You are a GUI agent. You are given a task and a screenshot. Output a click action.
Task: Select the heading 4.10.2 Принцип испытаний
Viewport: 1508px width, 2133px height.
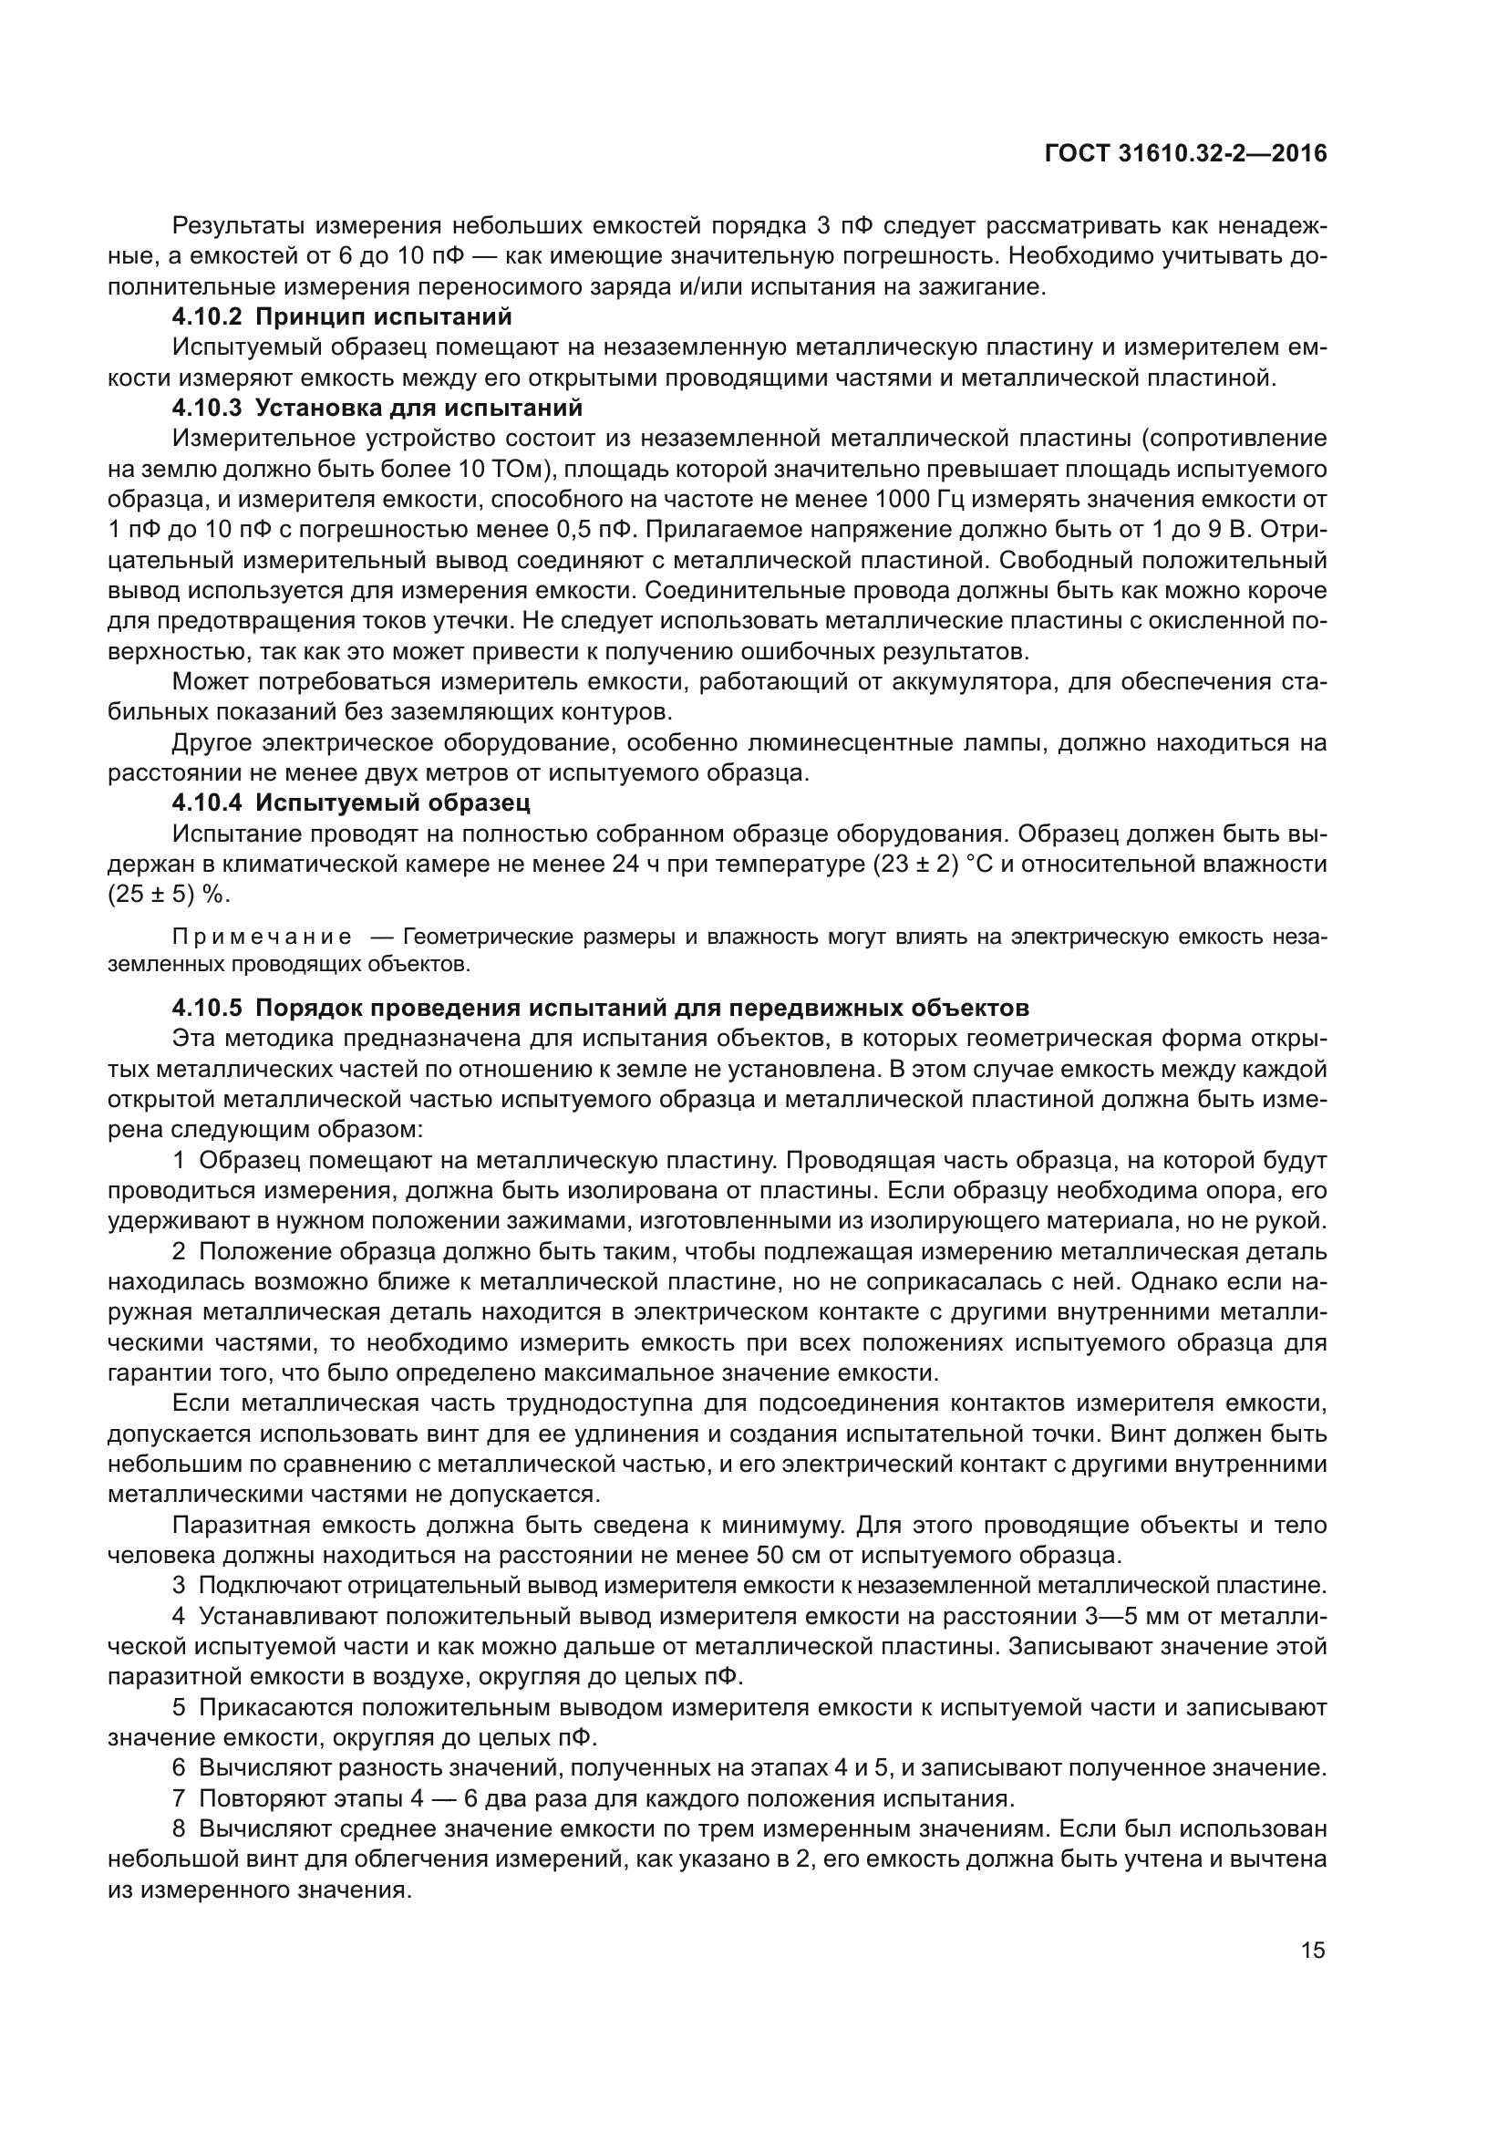coord(342,316)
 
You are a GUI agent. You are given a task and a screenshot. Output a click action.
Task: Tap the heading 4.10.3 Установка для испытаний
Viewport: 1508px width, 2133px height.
coord(377,408)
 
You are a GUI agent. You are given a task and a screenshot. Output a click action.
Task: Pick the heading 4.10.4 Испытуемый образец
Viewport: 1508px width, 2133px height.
coord(351,802)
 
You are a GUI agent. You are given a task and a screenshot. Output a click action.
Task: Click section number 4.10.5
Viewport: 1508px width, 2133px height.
coord(207,1008)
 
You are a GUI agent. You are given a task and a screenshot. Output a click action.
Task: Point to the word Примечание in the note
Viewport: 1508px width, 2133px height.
coord(263,937)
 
